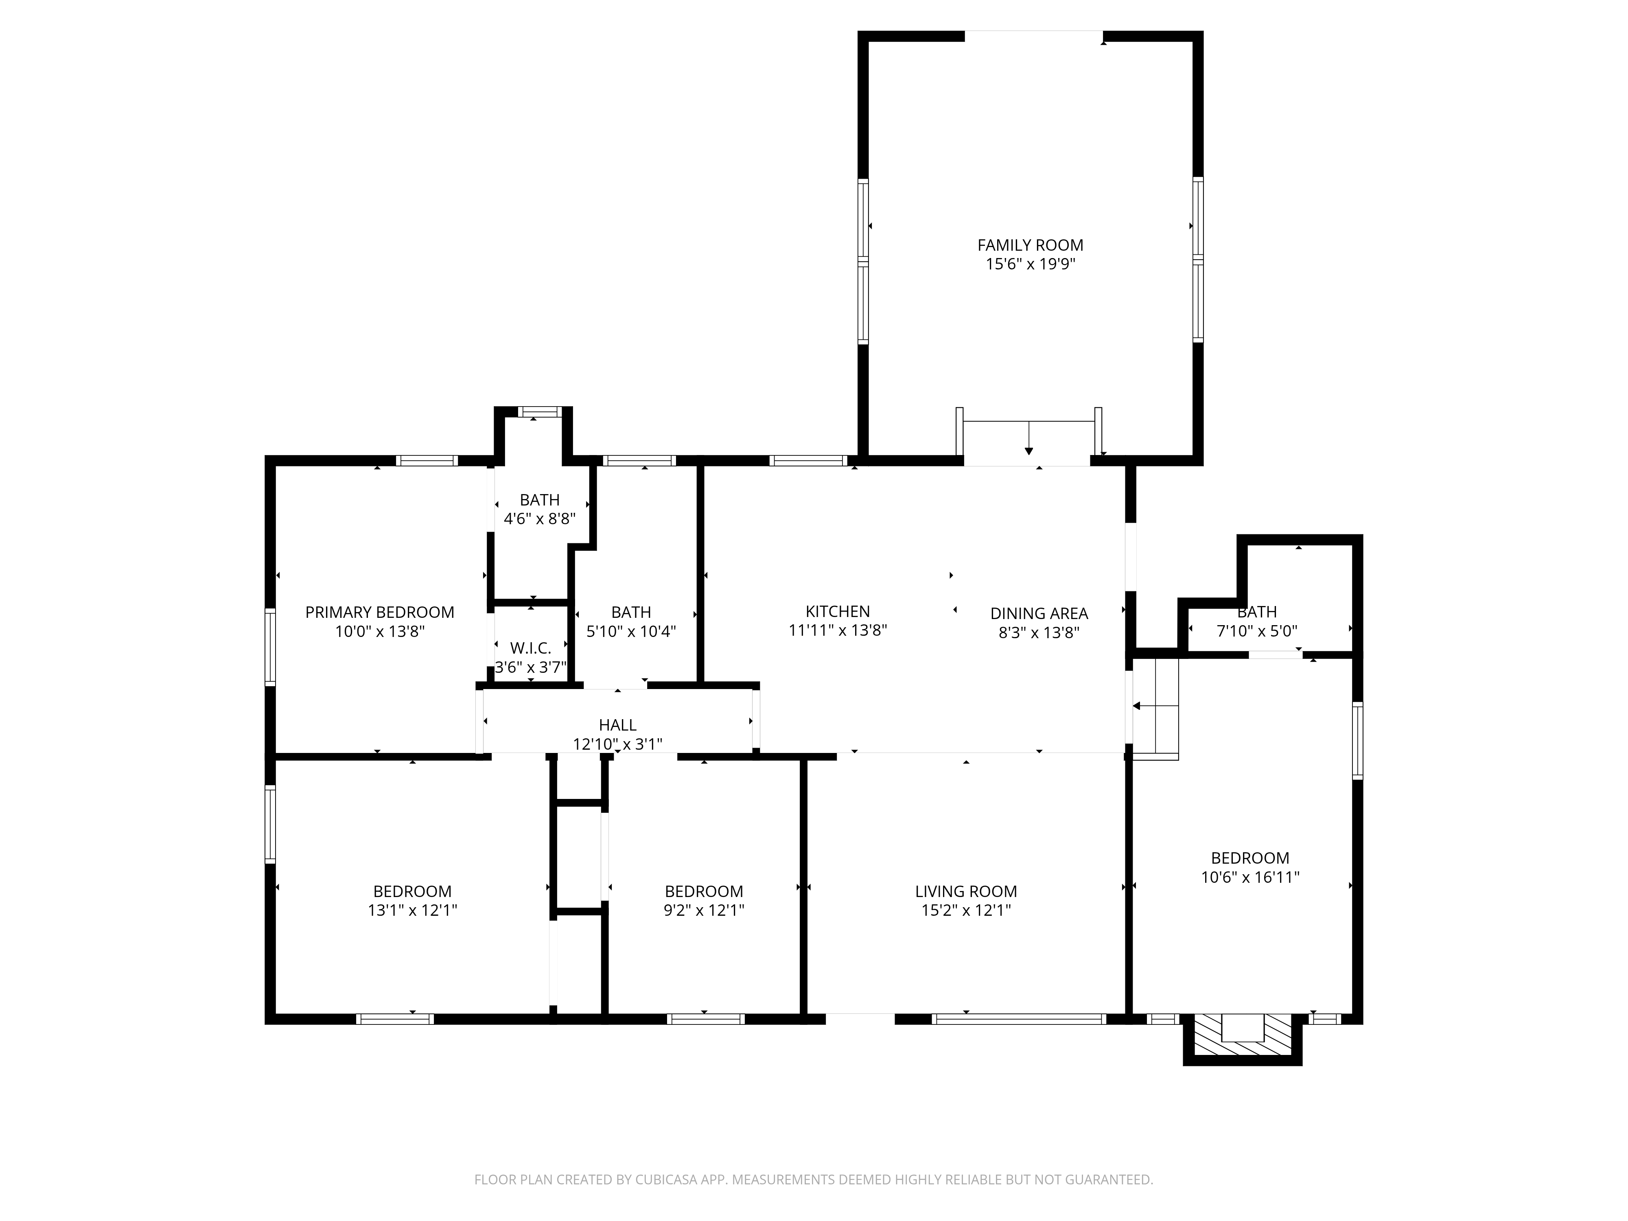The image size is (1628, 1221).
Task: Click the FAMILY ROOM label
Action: coord(1031,245)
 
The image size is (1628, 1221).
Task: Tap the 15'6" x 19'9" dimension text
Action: coord(1031,264)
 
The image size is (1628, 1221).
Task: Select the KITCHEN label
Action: coord(838,612)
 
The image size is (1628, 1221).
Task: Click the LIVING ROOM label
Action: coord(966,891)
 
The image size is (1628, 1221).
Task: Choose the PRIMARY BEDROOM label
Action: coord(380,613)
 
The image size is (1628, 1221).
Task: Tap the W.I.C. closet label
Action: coord(531,648)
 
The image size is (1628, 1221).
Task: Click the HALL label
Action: coord(617,725)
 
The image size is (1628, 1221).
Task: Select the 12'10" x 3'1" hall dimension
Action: coord(617,744)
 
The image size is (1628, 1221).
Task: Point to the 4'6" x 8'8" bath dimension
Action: coord(539,519)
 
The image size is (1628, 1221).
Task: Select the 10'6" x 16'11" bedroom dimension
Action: coord(1250,877)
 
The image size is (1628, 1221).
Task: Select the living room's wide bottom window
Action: coord(1019,1020)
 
